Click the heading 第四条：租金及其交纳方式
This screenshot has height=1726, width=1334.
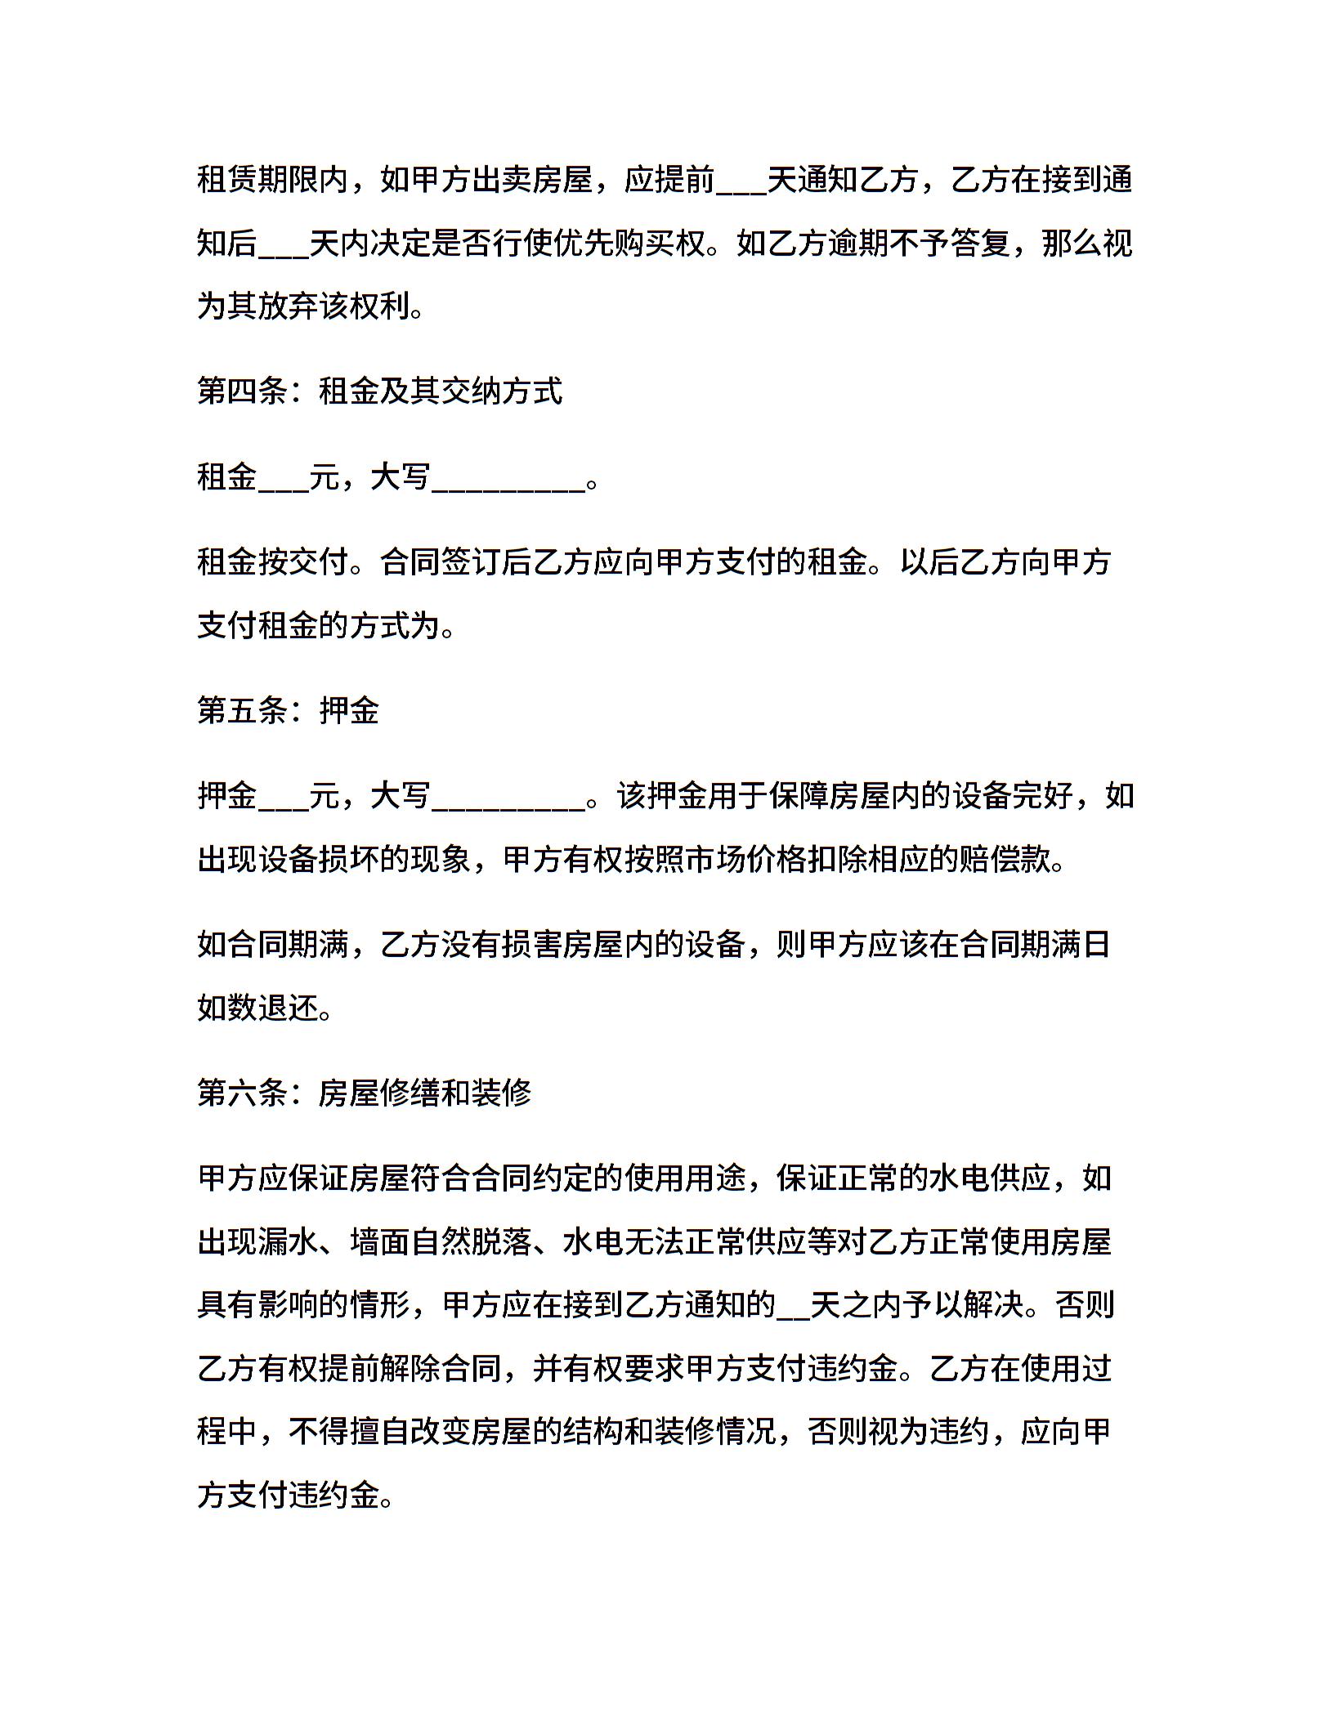[380, 391]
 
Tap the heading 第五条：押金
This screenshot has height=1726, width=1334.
[289, 710]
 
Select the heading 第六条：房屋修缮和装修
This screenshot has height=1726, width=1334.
[365, 1093]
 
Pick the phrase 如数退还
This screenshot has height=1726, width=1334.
[257, 1008]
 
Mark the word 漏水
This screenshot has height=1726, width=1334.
[289, 1241]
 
